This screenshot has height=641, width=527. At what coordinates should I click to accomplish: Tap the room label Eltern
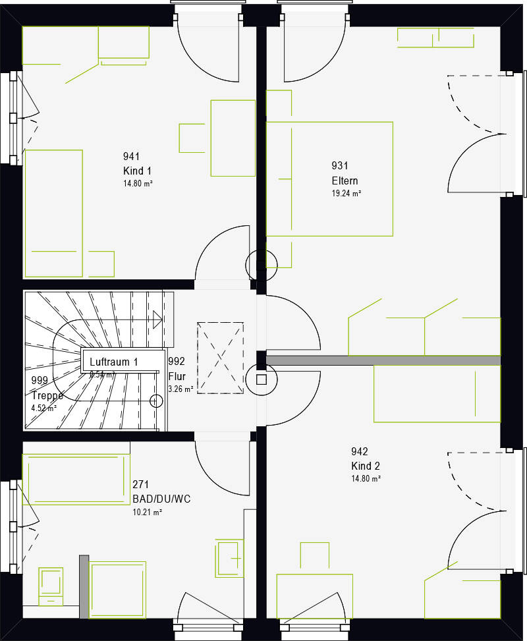point(345,181)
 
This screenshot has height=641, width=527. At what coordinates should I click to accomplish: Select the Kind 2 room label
point(366,466)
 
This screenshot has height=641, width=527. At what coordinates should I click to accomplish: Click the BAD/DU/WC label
point(161,499)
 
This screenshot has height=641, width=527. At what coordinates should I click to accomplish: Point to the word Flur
point(177,377)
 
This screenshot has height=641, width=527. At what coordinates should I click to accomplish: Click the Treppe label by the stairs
point(47,396)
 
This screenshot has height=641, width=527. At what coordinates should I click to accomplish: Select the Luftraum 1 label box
point(123,362)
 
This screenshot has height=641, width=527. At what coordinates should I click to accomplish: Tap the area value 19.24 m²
point(346,194)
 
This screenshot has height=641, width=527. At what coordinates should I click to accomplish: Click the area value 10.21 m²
point(147,512)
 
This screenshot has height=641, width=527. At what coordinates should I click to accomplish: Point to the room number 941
point(132,157)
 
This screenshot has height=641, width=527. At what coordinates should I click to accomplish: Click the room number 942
point(360,452)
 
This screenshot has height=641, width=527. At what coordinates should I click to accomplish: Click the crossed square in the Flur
point(221,358)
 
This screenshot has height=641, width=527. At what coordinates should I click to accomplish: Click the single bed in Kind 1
point(54,213)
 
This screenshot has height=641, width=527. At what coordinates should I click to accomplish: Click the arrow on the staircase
point(157,320)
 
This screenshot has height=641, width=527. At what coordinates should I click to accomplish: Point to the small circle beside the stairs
point(157,400)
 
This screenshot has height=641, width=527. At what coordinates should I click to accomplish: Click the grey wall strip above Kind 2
point(382,360)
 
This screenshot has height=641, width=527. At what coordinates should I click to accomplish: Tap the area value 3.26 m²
point(180,389)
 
